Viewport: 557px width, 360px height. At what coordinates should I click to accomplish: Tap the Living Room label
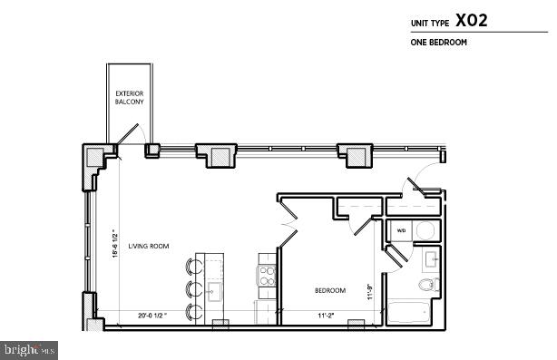tap(149, 244)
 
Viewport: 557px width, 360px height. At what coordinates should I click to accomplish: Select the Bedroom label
tap(329, 290)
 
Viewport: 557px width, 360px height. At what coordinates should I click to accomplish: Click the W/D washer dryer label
tap(401, 230)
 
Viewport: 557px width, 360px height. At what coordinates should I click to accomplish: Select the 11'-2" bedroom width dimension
tap(326, 316)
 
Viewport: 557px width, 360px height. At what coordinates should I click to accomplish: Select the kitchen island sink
tap(216, 291)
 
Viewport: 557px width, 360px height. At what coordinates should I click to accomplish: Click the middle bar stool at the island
tap(193, 290)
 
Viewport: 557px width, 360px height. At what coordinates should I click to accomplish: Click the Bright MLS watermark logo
tap(29, 348)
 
